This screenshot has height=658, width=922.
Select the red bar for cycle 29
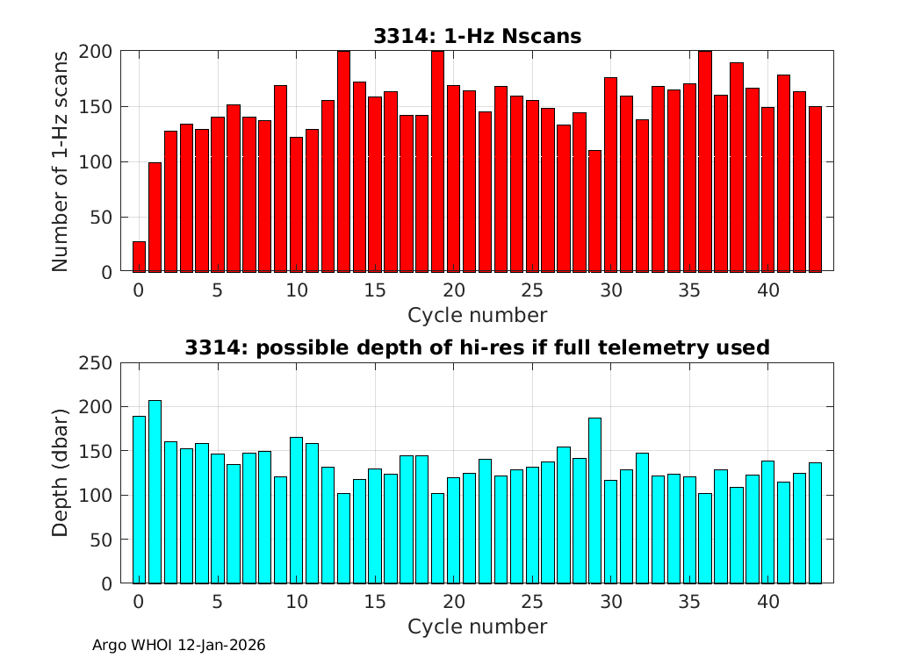[595, 211]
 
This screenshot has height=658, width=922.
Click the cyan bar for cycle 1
[155, 491]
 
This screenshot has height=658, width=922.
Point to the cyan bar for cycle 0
[139, 499]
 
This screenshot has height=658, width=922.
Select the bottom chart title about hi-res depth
[478, 347]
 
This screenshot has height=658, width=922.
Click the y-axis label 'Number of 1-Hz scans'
[60, 161]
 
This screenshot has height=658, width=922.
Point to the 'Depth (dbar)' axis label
[60, 473]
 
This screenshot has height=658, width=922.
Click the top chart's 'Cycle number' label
[478, 315]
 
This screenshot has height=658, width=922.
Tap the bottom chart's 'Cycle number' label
[478, 626]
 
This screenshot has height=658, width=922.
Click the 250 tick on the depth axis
[97, 362]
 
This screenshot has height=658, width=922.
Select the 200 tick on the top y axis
[97, 52]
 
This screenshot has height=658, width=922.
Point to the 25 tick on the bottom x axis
[532, 602]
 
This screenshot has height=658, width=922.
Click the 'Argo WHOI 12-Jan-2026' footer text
[179, 645]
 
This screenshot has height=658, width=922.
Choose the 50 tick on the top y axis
[102, 217]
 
